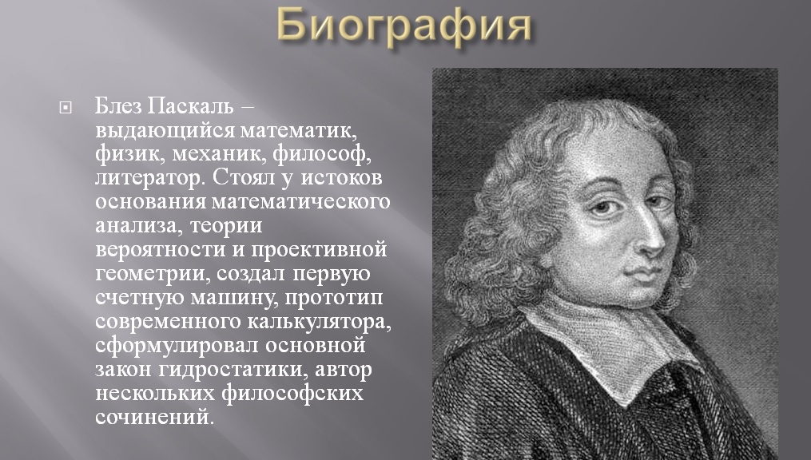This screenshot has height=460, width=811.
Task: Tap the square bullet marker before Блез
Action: pos(66,108)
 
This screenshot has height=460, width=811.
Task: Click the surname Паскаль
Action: pos(190,105)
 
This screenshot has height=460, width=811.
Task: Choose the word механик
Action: pos(219,154)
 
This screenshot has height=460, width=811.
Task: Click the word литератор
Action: pos(150,178)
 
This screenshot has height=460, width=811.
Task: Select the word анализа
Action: pos(140,226)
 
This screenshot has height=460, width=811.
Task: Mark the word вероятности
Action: pos(161,250)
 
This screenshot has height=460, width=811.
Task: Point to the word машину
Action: pos(235,298)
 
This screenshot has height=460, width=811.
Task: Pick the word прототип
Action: pos(334,298)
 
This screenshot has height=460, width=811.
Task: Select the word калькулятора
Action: pos(320,322)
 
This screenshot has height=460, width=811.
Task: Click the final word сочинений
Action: pos(154,417)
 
